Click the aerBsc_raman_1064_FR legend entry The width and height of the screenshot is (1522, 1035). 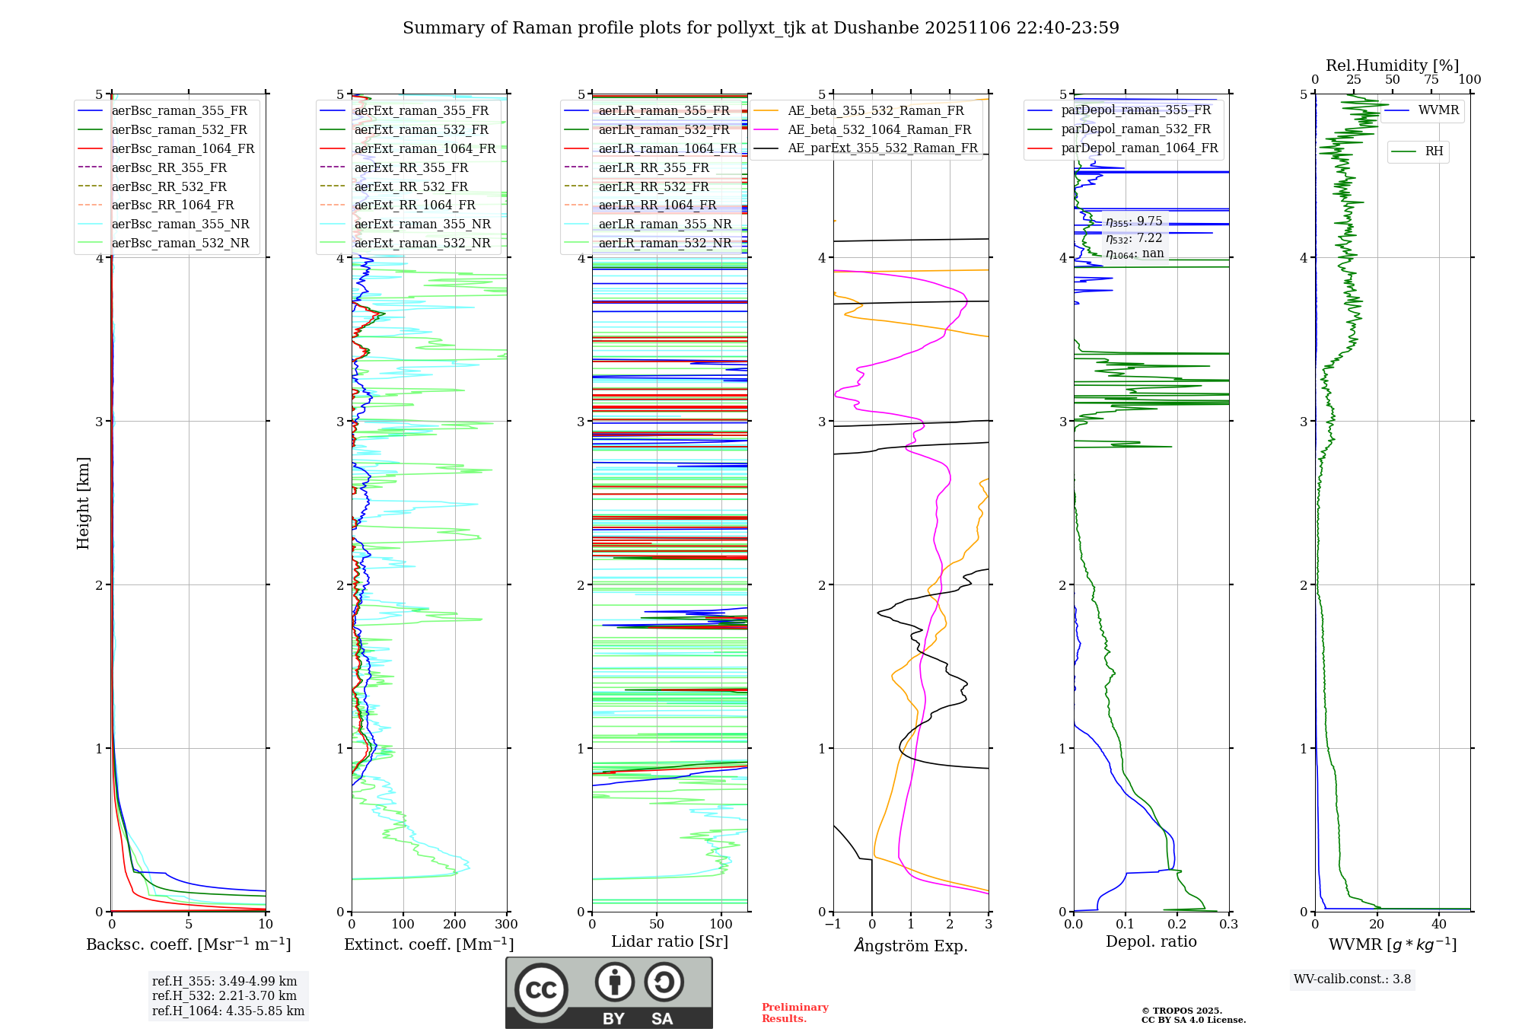coord(183,148)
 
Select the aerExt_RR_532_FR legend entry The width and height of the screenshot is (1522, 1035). coord(411,186)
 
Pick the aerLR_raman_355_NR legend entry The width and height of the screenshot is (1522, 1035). coord(664,224)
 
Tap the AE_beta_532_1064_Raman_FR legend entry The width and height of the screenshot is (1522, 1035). coord(879,129)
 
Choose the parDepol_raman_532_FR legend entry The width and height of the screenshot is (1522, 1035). coord(1135,129)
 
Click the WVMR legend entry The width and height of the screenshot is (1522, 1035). coord(1438,110)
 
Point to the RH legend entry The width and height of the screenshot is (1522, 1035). coord(1434,151)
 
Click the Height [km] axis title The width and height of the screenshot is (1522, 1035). coord(83,503)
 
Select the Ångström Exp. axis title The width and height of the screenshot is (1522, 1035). coord(911,945)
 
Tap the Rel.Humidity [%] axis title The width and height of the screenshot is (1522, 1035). coord(1392,65)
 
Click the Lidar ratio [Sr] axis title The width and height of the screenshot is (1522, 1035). coord(670,941)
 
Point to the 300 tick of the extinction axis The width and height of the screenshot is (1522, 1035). coord(506,925)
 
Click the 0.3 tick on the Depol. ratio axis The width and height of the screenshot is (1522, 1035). coord(1228,925)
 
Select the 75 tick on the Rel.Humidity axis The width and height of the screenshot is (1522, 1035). coord(1431,80)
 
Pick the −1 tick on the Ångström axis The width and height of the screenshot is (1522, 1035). coord(833,925)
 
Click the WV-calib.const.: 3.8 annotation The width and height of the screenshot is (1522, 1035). coord(1352,979)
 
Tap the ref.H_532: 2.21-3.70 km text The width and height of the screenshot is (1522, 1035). coord(224,995)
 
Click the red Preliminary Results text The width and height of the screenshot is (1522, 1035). coord(794,1013)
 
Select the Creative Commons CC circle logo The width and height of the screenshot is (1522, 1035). coord(541,990)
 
